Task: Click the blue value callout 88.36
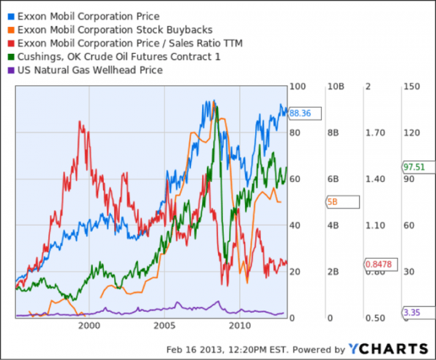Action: tap(299, 113)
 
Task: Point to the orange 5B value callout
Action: tap(334, 202)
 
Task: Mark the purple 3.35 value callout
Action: tap(411, 312)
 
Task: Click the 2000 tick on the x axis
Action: tap(89, 325)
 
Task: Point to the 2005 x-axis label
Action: tap(165, 325)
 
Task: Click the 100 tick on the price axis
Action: tap(296, 87)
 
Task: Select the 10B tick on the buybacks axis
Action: tap(336, 87)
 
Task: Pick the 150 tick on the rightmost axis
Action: tap(413, 87)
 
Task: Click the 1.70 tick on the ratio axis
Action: tap(375, 133)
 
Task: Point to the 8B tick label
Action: tap(334, 133)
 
